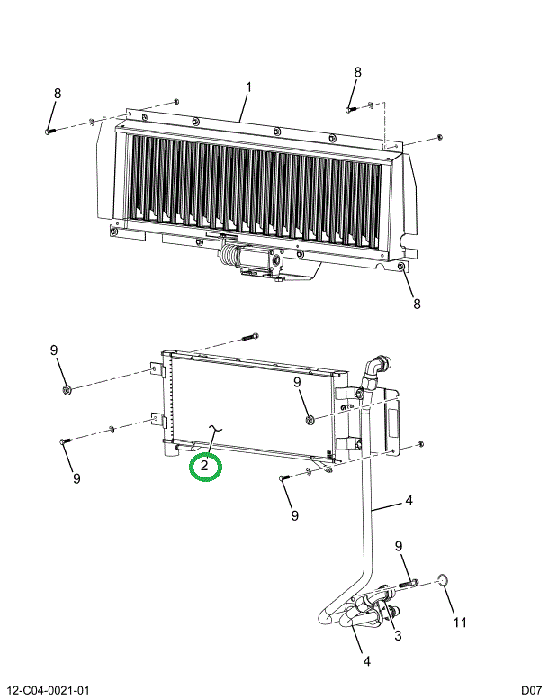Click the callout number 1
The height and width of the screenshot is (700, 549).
point(248,87)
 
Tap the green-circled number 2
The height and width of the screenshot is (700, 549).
point(204,466)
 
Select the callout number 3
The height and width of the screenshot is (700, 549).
point(398,635)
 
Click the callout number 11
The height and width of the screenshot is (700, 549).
point(460,622)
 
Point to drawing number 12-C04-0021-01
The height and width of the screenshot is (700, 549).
point(49,691)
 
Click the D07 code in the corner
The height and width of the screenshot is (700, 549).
point(532,691)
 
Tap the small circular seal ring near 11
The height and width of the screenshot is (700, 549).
point(442,580)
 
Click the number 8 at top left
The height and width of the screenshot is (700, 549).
point(58,94)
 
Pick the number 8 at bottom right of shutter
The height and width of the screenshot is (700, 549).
point(417,304)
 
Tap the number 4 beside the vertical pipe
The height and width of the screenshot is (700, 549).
point(409,500)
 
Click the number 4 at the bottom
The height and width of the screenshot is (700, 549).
point(366,661)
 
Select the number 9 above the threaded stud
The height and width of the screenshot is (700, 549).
point(399,546)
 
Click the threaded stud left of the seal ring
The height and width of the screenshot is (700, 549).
point(406,583)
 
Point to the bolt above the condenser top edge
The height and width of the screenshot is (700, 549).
point(250,337)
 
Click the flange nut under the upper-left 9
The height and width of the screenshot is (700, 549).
point(67,390)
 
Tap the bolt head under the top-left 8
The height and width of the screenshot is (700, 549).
point(49,132)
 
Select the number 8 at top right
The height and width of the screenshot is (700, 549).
point(357,72)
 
